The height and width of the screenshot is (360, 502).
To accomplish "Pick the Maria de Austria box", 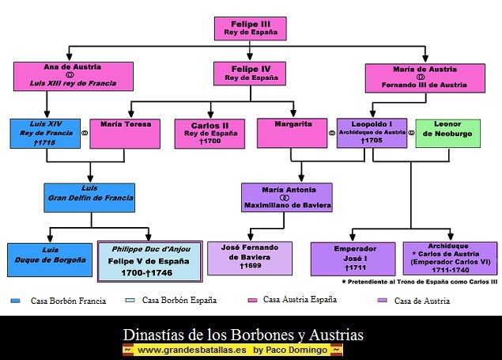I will [424, 78].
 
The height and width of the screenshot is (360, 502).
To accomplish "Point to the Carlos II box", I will [210, 134].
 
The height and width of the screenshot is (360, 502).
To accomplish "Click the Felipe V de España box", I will [149, 260].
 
